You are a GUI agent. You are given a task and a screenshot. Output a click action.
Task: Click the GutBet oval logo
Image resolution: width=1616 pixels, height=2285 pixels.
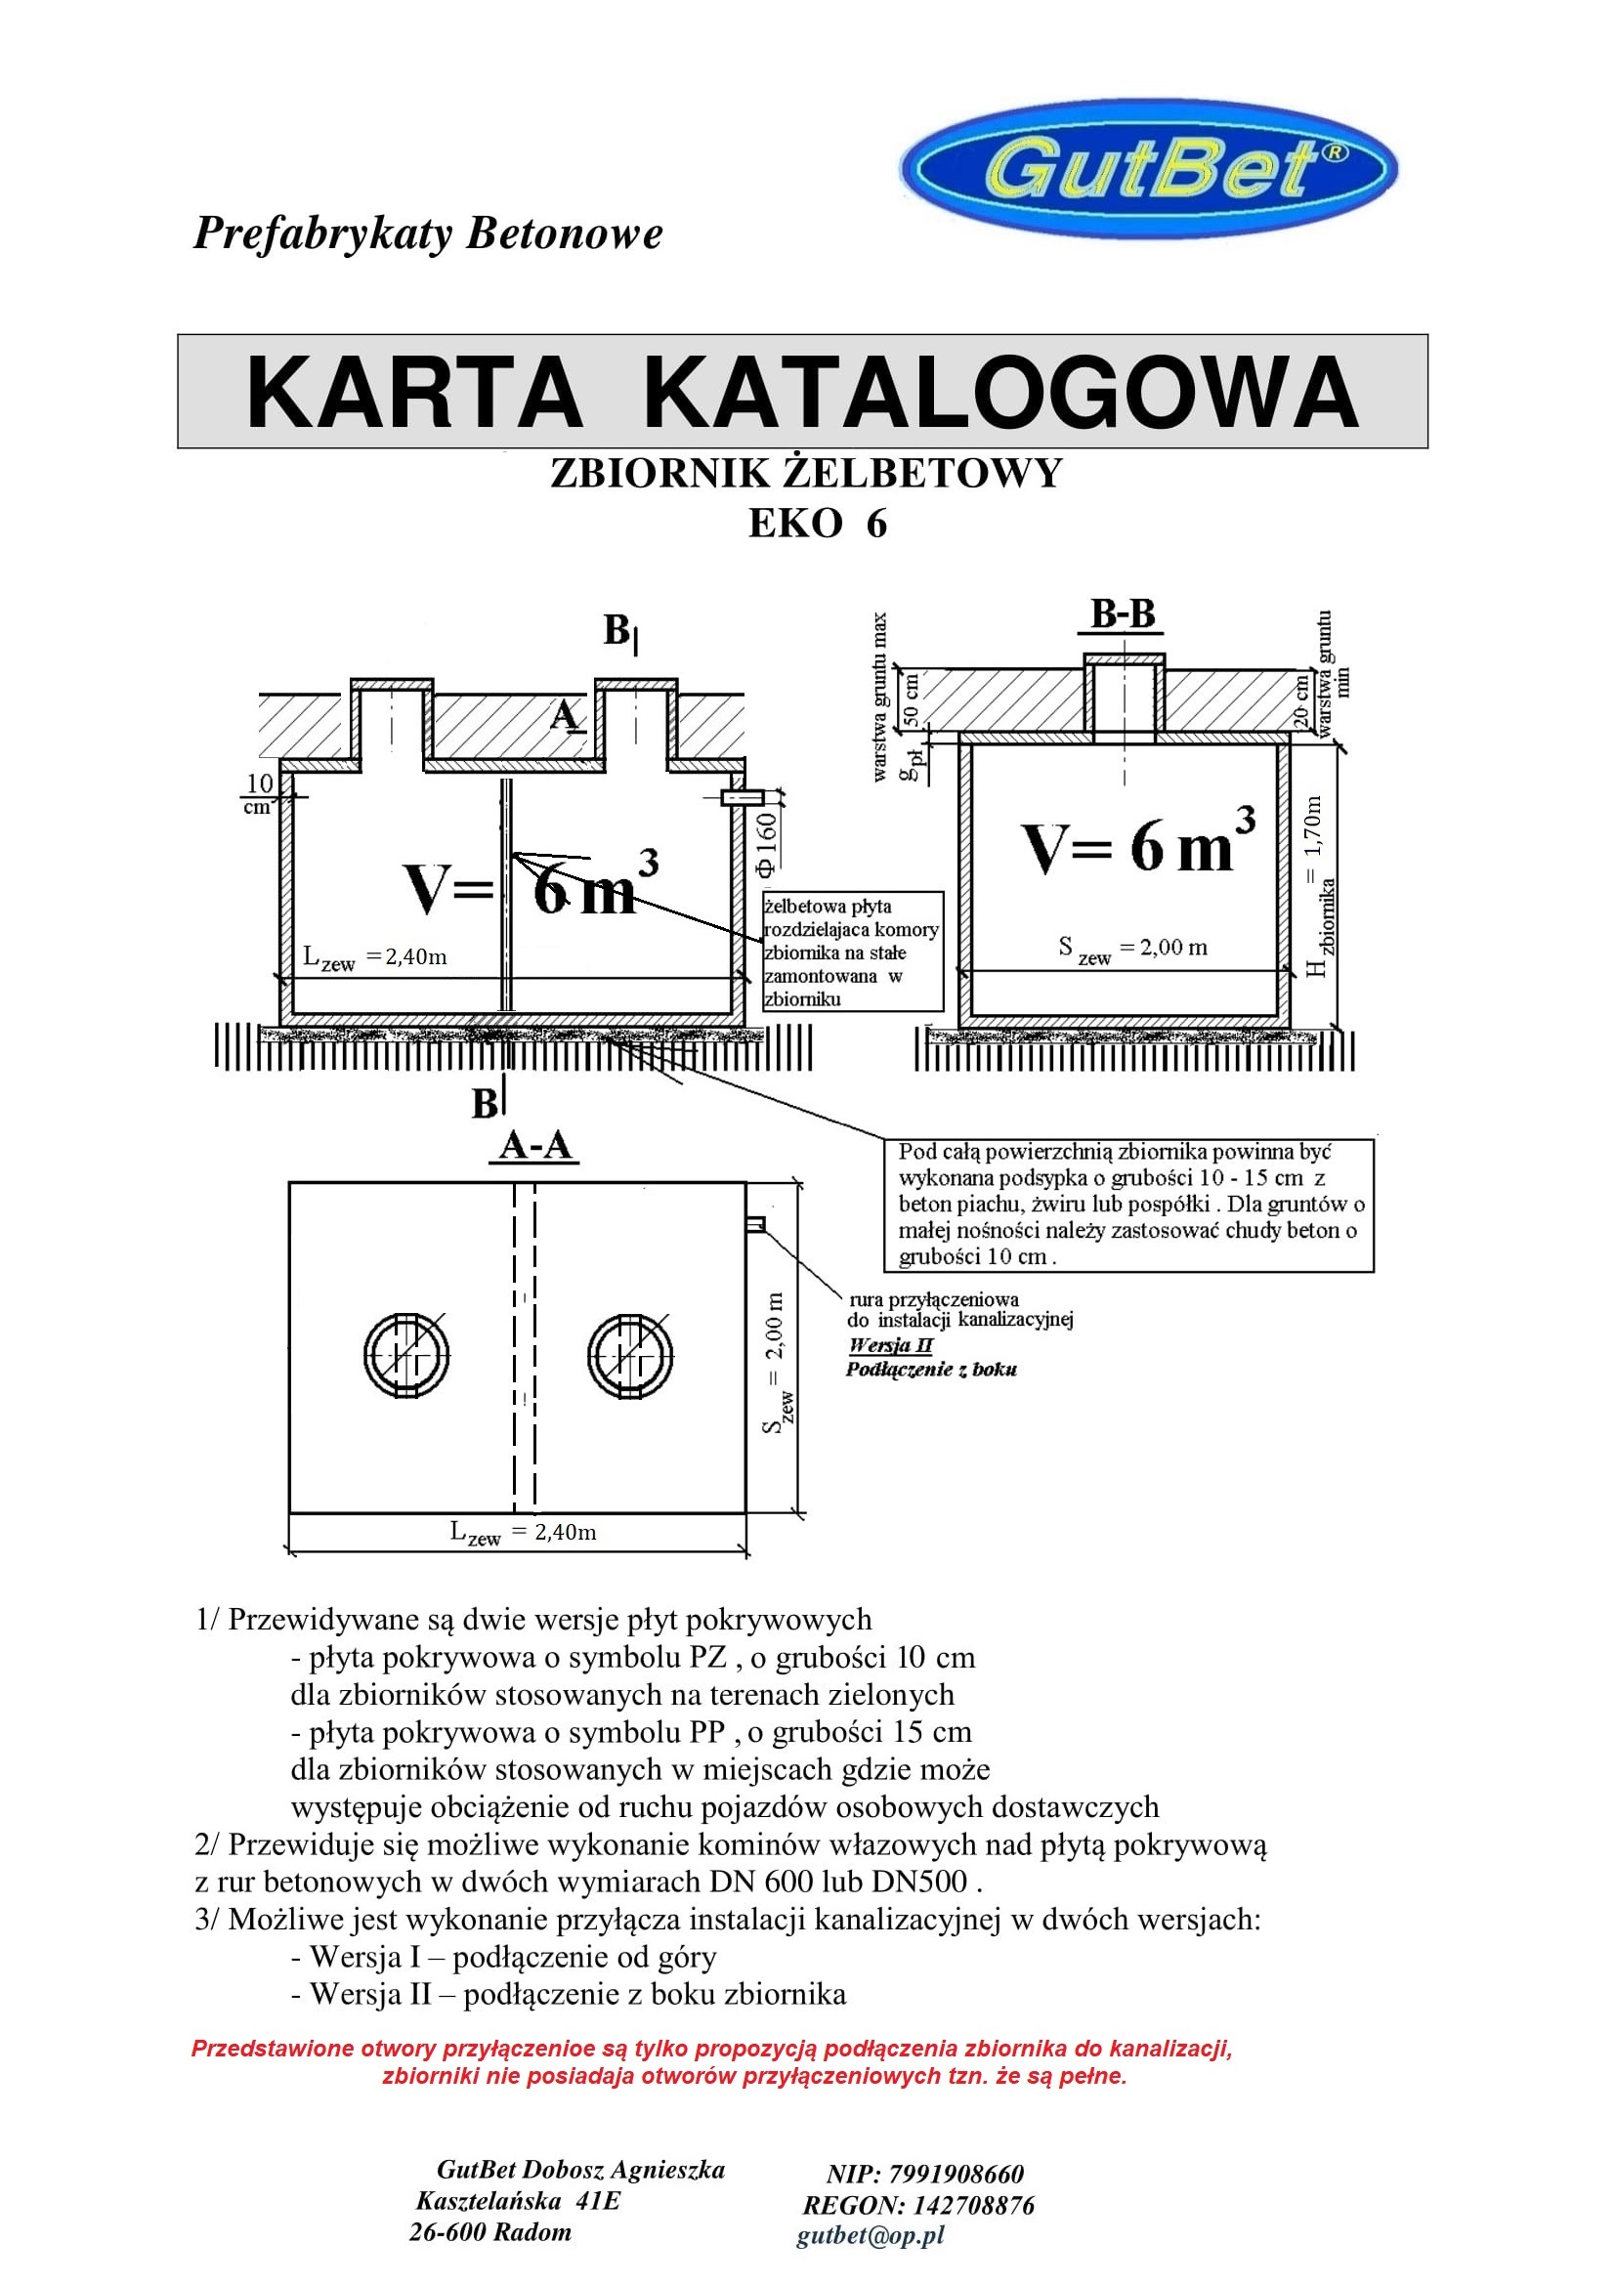[x=1148, y=168]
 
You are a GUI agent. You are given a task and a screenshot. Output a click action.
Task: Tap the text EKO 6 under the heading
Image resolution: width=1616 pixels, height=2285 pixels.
[x=817, y=524]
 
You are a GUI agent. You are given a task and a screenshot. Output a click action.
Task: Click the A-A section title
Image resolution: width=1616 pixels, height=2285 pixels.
[x=535, y=1146]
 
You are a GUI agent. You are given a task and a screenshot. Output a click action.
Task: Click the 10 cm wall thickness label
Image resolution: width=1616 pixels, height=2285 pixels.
[x=259, y=794]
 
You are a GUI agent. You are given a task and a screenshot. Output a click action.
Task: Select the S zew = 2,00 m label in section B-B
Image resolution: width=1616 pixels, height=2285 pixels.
[x=1132, y=950]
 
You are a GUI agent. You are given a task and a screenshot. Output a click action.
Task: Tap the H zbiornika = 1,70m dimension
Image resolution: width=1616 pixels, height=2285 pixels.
[x=1315, y=886]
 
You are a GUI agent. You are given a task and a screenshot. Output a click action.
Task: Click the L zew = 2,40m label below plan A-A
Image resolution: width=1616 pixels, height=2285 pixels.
[x=524, y=1533]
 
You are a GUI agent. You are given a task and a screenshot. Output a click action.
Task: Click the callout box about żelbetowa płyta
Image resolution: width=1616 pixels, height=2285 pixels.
[x=852, y=952]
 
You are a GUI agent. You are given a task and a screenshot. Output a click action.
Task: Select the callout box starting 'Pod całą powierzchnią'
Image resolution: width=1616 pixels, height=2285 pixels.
[x=1128, y=1205]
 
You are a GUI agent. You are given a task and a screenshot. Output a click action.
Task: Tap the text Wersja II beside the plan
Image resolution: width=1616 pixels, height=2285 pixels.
[x=891, y=1345]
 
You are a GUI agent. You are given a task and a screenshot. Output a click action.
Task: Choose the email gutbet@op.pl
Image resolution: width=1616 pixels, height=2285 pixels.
[x=870, y=2235]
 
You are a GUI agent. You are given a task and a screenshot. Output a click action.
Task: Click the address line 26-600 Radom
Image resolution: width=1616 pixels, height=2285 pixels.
[x=490, y=2232]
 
